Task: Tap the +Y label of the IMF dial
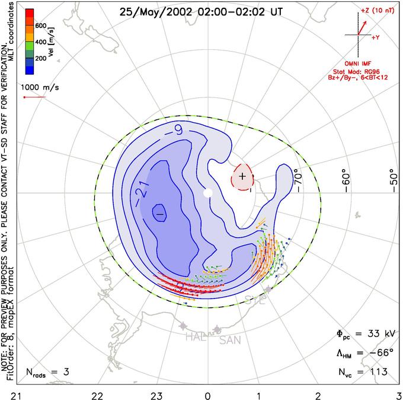click(376, 37)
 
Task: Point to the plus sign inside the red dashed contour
click(242, 176)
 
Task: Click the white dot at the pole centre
click(207, 193)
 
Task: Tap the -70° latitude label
click(298, 176)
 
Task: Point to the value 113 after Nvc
click(377, 372)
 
